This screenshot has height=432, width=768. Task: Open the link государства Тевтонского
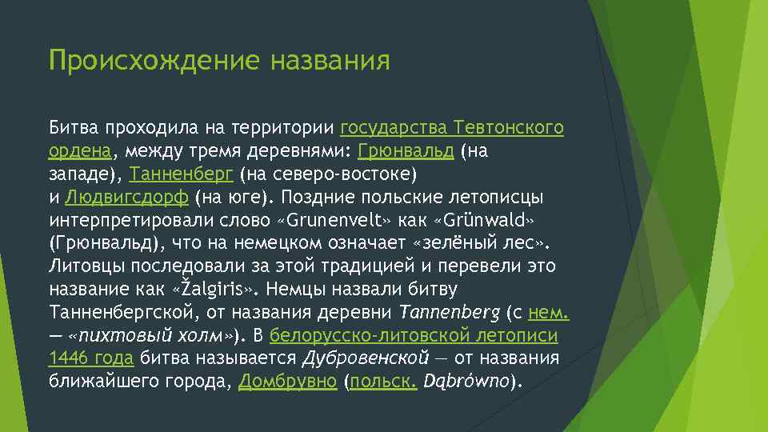(452, 127)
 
